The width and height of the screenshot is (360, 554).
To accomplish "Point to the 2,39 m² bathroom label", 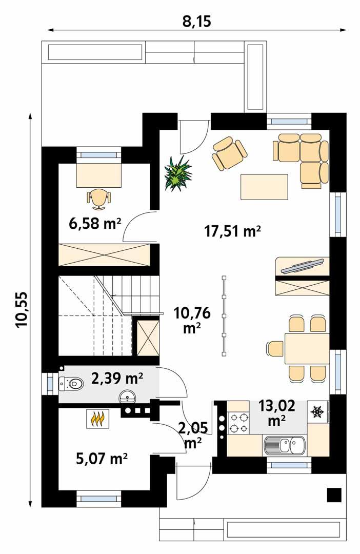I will tap(117, 379).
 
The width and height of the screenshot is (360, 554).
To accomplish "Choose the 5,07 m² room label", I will tap(102, 458).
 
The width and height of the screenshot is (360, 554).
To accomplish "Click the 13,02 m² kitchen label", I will tap(277, 413).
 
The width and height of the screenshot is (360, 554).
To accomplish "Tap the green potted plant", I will tap(177, 173).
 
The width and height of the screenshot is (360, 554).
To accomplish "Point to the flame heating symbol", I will tap(98, 419).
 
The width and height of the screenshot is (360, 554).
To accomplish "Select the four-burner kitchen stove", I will tap(238, 422).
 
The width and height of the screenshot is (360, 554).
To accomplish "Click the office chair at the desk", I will tap(98, 198).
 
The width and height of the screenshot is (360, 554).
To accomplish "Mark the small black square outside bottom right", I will tap(334, 494).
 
